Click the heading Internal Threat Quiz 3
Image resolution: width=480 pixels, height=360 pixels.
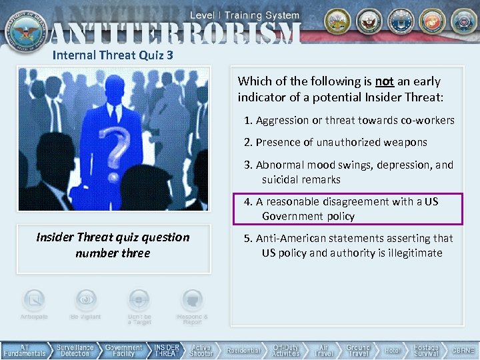point(113,55)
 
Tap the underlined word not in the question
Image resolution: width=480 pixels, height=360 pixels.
point(384,81)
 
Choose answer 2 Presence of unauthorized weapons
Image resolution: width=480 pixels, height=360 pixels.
point(335,142)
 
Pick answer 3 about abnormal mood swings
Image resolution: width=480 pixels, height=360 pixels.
point(348,171)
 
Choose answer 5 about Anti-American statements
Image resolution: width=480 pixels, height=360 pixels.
point(348,245)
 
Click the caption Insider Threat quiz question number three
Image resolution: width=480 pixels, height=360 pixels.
point(113,245)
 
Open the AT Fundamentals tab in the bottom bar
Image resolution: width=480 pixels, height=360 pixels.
point(25,350)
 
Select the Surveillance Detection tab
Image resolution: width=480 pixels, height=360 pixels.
point(75,350)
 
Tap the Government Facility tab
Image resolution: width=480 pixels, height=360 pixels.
point(123,350)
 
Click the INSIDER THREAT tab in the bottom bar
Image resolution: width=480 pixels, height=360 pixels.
point(167,350)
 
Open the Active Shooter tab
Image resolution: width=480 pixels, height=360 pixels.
point(201,350)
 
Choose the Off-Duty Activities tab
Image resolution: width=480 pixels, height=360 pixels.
point(286,350)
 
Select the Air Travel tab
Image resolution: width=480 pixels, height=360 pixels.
point(323,350)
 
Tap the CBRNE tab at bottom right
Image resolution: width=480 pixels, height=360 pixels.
point(463,350)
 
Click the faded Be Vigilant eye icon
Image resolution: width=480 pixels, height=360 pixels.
point(85,300)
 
